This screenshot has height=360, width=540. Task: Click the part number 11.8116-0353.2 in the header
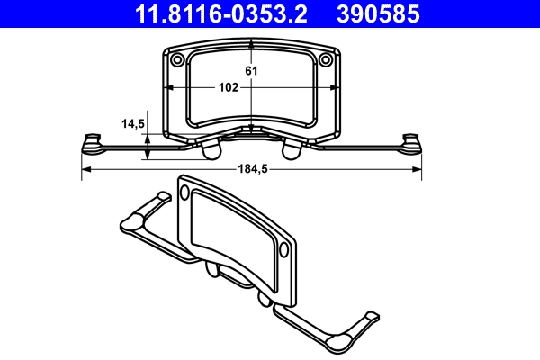click(221, 14)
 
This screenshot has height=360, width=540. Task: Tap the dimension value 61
click(253, 70)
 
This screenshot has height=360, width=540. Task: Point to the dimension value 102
click(228, 88)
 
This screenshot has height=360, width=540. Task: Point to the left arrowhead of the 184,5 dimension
click(86, 168)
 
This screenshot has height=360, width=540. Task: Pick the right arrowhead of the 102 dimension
click(337, 88)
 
